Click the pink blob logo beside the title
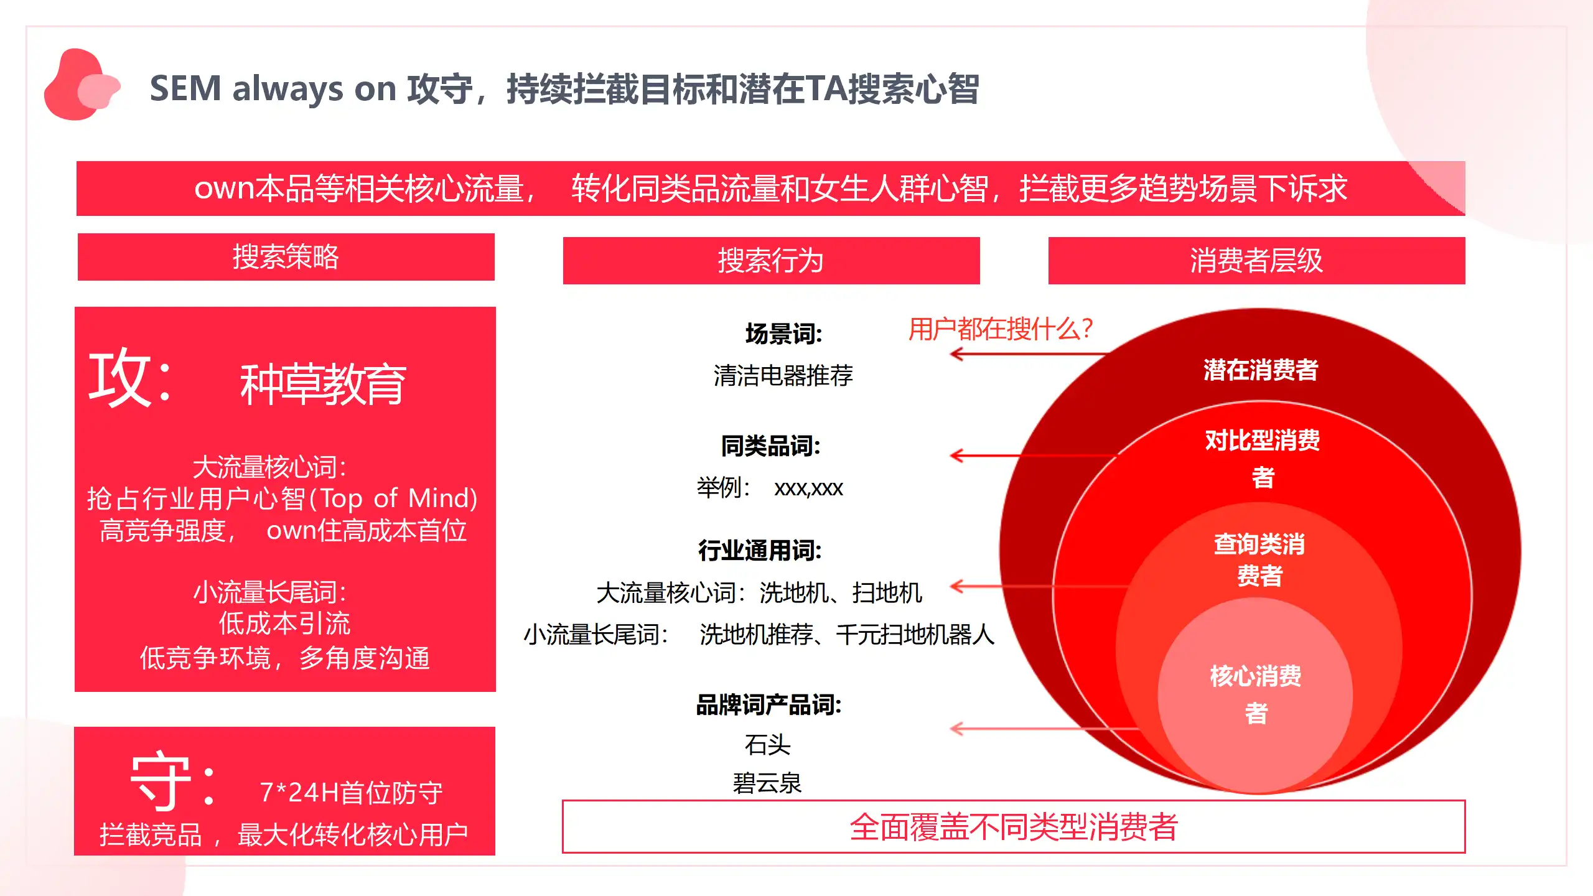81,85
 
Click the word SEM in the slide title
185,88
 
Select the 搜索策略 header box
286,257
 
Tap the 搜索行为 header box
772,261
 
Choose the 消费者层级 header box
1257,261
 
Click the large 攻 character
120,378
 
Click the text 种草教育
324,385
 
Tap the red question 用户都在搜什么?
1001,329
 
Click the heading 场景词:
784,334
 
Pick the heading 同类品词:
771,446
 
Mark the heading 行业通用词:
760,551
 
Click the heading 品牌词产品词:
768,705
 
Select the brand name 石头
768,745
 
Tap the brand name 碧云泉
767,783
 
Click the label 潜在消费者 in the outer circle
1261,370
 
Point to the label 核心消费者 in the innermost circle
1256,694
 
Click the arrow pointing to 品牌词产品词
1045,729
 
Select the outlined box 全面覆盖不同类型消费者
1014,827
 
